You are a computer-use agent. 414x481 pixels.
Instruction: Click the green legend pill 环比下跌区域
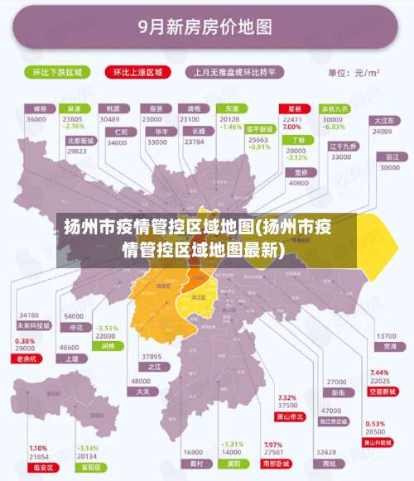tap(58, 72)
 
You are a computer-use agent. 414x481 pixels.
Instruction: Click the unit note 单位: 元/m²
tap(354, 73)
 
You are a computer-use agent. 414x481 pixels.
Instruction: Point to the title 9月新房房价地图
tap(207, 27)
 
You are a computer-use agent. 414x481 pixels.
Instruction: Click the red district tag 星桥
tap(294, 108)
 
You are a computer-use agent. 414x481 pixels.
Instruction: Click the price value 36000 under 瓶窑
tap(36, 120)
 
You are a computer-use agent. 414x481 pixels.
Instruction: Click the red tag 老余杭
tap(27, 358)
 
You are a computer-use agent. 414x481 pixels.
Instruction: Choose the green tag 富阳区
tap(88, 468)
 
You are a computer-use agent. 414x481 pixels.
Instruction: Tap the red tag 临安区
tap(38, 468)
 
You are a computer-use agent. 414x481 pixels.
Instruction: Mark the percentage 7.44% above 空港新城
tap(378, 373)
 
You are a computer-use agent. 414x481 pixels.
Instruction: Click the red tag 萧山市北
tap(289, 416)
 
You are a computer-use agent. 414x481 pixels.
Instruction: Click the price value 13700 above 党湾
tap(387, 336)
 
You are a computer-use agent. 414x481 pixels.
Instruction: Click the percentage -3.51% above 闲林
tap(107, 329)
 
